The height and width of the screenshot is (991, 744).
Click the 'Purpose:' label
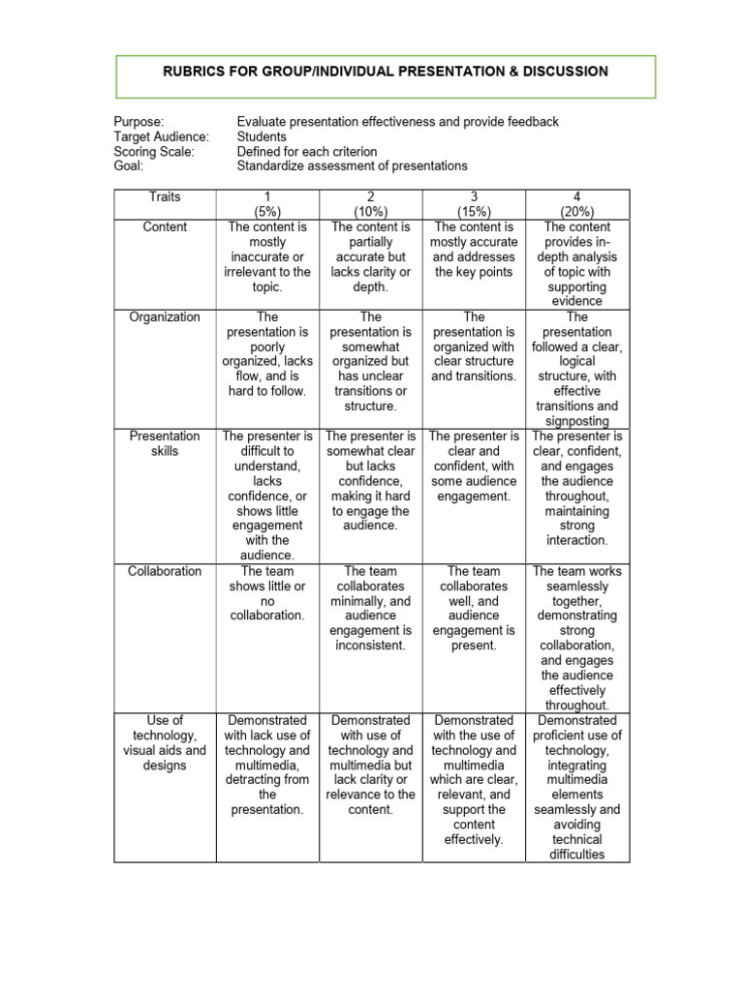(139, 122)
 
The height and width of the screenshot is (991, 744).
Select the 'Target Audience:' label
(161, 136)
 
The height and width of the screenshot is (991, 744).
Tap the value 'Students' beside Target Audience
(262, 136)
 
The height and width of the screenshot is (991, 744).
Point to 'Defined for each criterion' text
(307, 151)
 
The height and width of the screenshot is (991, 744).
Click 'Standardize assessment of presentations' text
(352, 165)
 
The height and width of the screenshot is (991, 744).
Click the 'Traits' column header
(165, 196)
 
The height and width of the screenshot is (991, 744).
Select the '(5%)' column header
(267, 211)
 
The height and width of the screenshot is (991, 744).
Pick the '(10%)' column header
(371, 211)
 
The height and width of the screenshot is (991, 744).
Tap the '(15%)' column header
(474, 211)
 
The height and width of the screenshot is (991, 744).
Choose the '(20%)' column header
(576, 211)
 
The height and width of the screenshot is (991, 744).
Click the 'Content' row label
(165, 226)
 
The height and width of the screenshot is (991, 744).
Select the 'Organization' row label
(165, 316)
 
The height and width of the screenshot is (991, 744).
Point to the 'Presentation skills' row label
(165, 443)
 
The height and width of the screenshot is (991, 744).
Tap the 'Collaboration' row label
(165, 571)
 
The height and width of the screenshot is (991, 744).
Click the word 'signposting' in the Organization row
(576, 421)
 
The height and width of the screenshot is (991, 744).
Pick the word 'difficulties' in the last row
(576, 855)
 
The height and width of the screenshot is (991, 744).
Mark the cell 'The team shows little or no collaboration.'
(267, 592)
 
